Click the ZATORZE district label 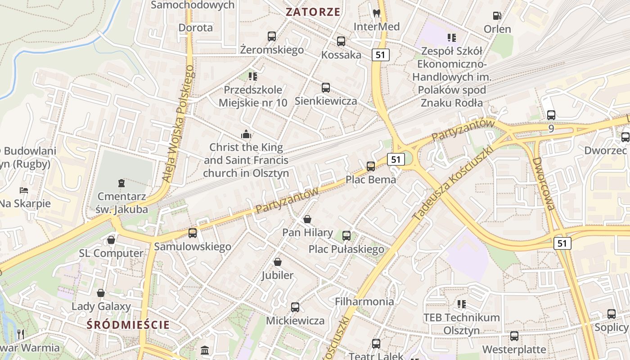coord(313,12)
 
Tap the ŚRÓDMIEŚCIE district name coord(129,324)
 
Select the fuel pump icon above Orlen coord(497,16)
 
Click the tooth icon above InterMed coord(377,13)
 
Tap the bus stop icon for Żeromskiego coord(272,36)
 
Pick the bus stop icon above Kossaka coord(341,41)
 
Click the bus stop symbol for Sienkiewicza coord(326,88)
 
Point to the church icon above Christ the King coord(246,134)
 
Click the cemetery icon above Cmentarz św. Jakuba coord(121,183)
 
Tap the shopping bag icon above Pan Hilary coord(307,219)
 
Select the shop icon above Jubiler coord(278,262)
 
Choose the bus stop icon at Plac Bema coord(371,166)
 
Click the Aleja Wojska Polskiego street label coord(179,124)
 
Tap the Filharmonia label coord(364,301)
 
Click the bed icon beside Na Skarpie coord(24,190)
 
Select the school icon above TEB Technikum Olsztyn coord(461,304)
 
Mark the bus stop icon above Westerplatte coord(514,336)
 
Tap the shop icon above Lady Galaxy coord(101,293)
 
